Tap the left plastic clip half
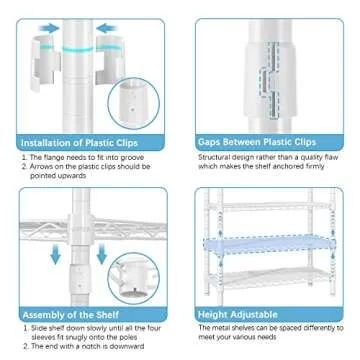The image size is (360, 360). pyautogui.click(x=43, y=61)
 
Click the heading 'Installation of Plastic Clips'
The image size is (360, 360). pyautogui.click(x=74, y=143)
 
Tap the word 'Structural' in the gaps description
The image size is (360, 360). pyautogui.click(x=215, y=157)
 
